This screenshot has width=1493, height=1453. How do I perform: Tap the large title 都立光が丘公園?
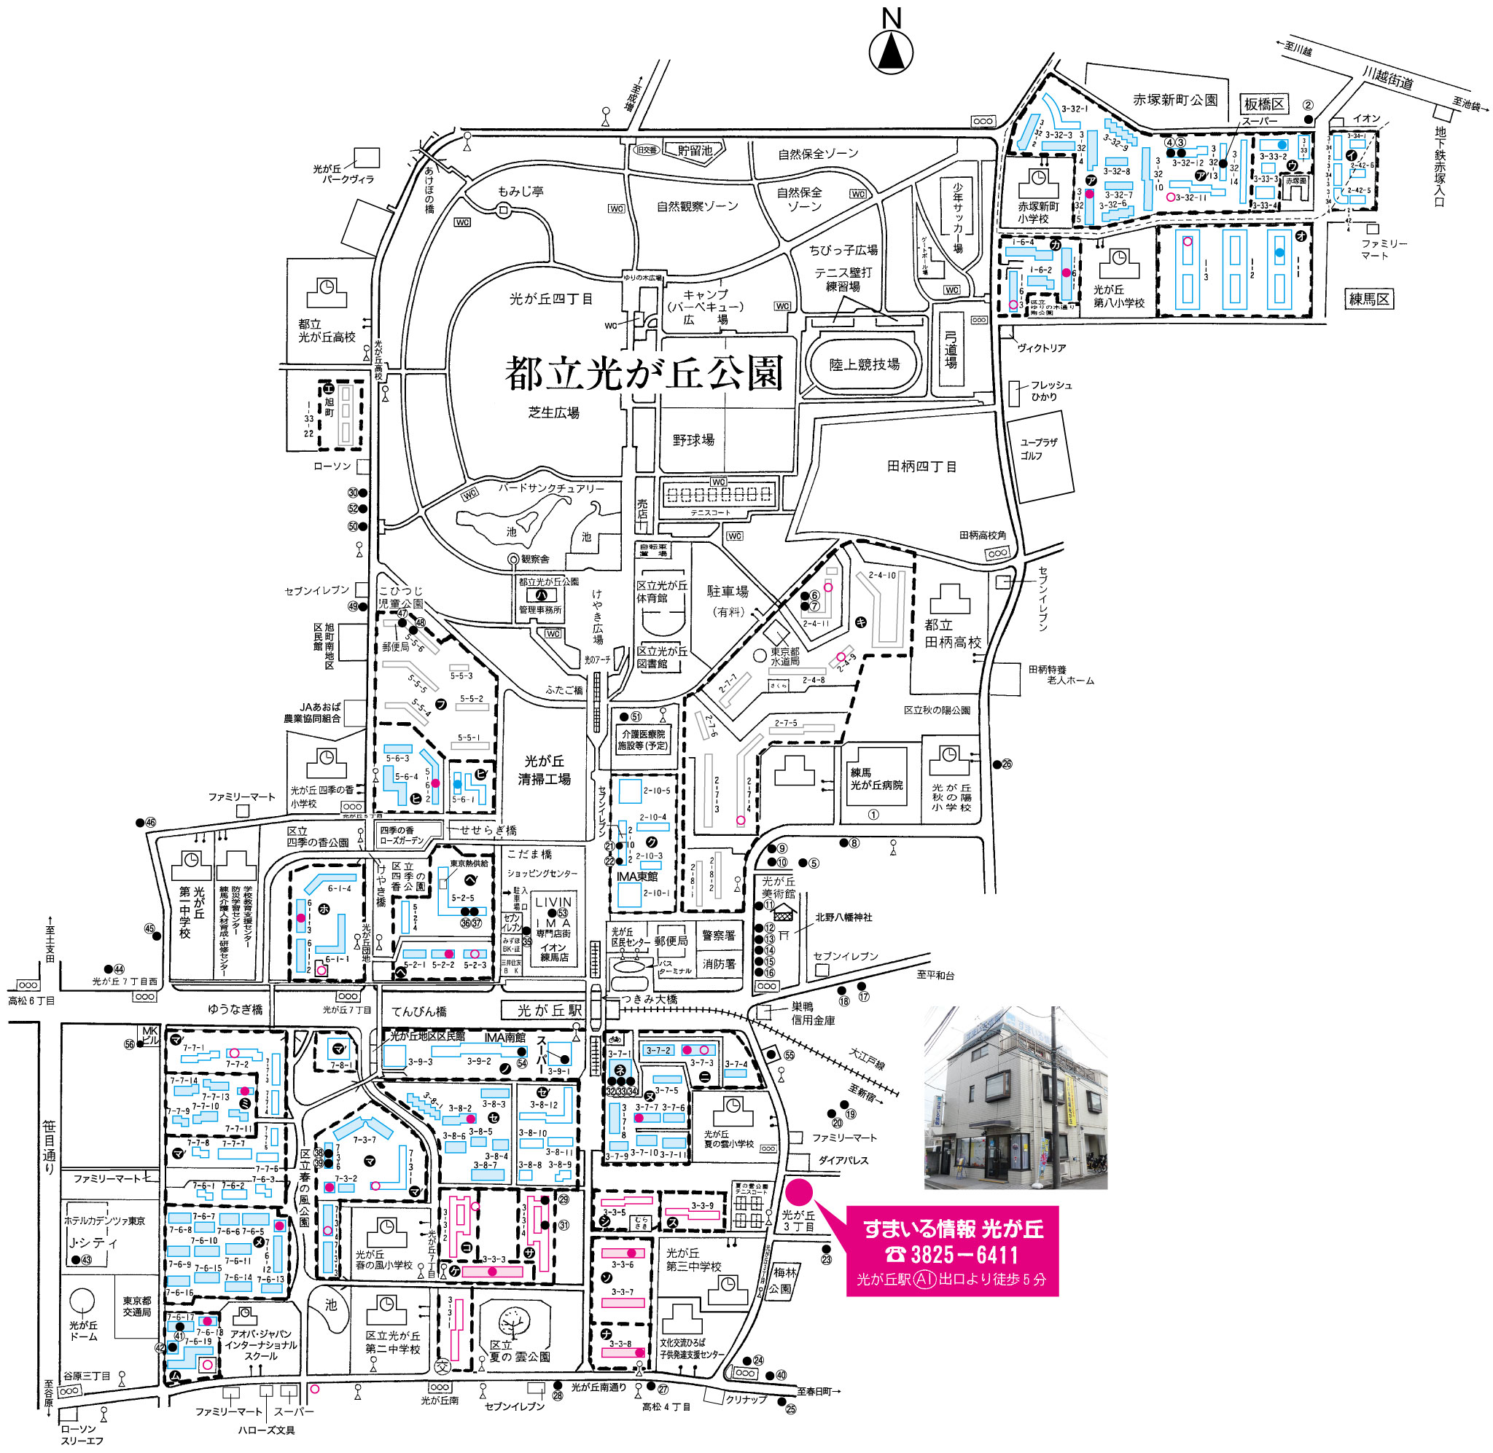coord(644,373)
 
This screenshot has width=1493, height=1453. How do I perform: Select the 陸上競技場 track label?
coord(864,365)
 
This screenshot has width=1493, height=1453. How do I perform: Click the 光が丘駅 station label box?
coord(550,1011)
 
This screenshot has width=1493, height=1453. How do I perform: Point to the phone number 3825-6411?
coord(953,1255)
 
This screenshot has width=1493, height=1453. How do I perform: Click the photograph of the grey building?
coord(1016,1097)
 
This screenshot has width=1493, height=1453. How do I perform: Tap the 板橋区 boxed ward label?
coord(1264,104)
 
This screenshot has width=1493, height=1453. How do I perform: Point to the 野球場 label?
coord(693,440)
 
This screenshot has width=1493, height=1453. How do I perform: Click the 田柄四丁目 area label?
coord(921,466)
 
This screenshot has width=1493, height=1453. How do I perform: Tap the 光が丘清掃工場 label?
coord(545,771)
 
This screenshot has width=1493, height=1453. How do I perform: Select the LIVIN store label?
coord(553,902)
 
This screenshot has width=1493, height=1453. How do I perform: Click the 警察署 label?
coord(719,936)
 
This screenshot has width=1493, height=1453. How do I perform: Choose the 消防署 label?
coord(719,964)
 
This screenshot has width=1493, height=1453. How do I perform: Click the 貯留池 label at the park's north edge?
coord(695,150)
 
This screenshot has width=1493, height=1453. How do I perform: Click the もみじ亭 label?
coord(521,192)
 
